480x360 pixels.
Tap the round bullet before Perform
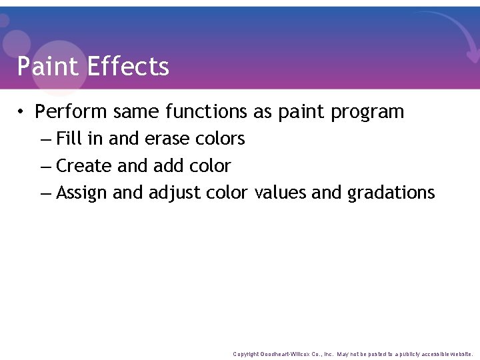pos(22,111)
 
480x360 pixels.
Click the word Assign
pos(82,193)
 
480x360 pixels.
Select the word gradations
pos(391,193)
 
